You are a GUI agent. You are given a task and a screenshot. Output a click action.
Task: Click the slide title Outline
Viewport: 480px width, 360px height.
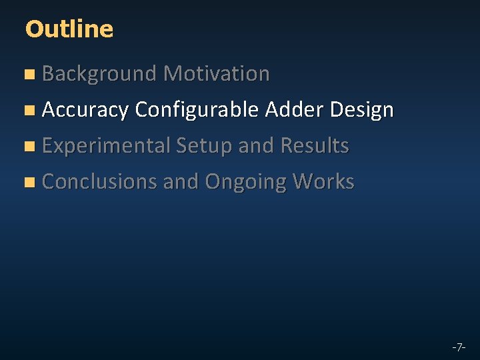[x=69, y=29]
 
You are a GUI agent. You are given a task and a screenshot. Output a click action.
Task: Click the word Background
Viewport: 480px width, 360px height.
[x=99, y=74]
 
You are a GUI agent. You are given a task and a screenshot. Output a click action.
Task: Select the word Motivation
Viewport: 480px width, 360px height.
[x=216, y=73]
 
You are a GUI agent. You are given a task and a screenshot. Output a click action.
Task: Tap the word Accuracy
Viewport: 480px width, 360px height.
[x=85, y=110]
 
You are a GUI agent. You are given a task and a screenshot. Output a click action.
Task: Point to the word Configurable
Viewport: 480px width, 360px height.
[x=197, y=110]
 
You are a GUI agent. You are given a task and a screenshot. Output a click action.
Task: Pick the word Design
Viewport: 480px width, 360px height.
[x=361, y=110]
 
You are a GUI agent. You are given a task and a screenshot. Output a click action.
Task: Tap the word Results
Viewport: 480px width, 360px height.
[x=315, y=145]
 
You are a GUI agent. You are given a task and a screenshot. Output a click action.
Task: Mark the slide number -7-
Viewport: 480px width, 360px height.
[x=458, y=347]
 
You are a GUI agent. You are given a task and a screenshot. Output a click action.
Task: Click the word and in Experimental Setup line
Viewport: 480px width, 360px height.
[x=256, y=145]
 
